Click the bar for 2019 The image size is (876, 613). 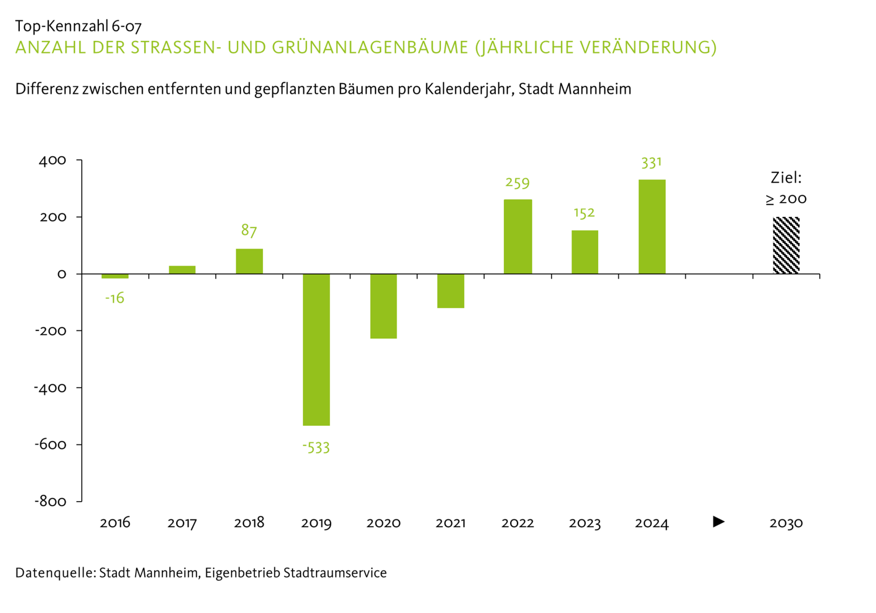click(x=316, y=349)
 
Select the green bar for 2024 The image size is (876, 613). click(x=652, y=226)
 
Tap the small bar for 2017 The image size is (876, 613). click(x=182, y=270)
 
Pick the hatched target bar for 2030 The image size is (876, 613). click(x=786, y=245)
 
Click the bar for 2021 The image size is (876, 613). click(x=450, y=291)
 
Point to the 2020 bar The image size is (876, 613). click(x=383, y=306)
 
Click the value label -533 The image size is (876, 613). click(x=316, y=448)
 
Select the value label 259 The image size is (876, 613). click(x=517, y=183)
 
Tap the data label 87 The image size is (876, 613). click(x=249, y=230)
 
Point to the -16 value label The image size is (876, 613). click(x=115, y=299)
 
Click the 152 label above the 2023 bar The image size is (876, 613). click(x=584, y=213)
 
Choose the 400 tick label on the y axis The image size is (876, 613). click(x=52, y=161)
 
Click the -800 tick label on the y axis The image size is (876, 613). click(x=51, y=502)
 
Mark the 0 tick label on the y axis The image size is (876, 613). click(x=61, y=274)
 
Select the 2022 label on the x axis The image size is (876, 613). click(x=518, y=523)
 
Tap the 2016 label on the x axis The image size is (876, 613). click(x=115, y=523)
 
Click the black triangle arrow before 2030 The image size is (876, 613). click(x=719, y=521)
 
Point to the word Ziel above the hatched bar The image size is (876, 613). click(x=786, y=178)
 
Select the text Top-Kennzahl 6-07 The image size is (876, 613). click(x=78, y=26)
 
